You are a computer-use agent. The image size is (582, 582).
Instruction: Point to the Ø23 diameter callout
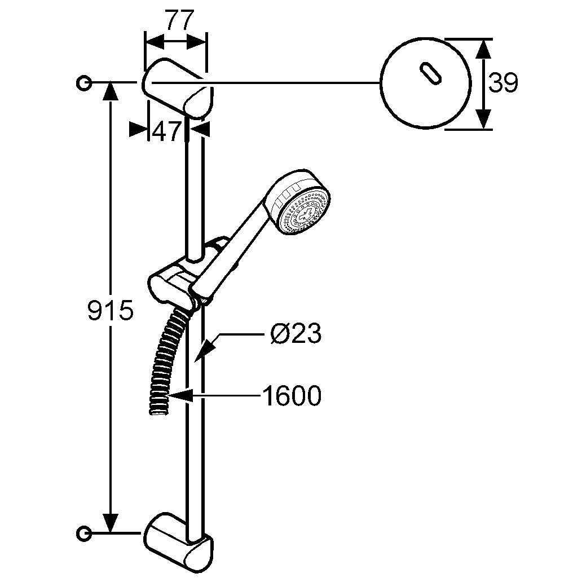click(x=296, y=333)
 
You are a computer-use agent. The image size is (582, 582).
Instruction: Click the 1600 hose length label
click(x=292, y=396)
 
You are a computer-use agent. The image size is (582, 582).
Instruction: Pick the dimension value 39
click(x=502, y=83)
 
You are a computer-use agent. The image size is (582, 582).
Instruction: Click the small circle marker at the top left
click(x=83, y=83)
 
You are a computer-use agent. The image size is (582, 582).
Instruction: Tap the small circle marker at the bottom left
click(x=83, y=534)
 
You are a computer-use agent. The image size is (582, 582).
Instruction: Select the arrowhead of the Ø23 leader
click(x=204, y=350)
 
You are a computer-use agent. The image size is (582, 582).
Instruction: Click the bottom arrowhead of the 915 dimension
click(x=111, y=522)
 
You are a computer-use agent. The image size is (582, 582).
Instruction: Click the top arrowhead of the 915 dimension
click(x=111, y=93)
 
